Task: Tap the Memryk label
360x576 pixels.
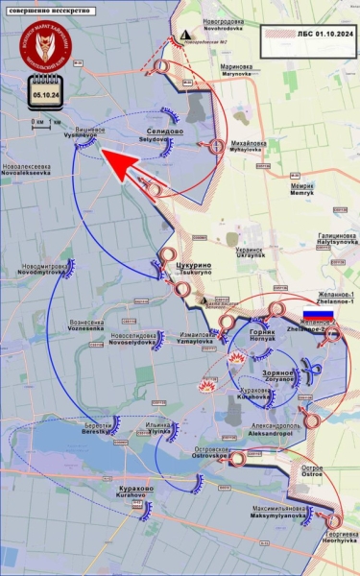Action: [302, 189]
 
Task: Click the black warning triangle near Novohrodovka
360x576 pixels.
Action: [182, 35]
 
